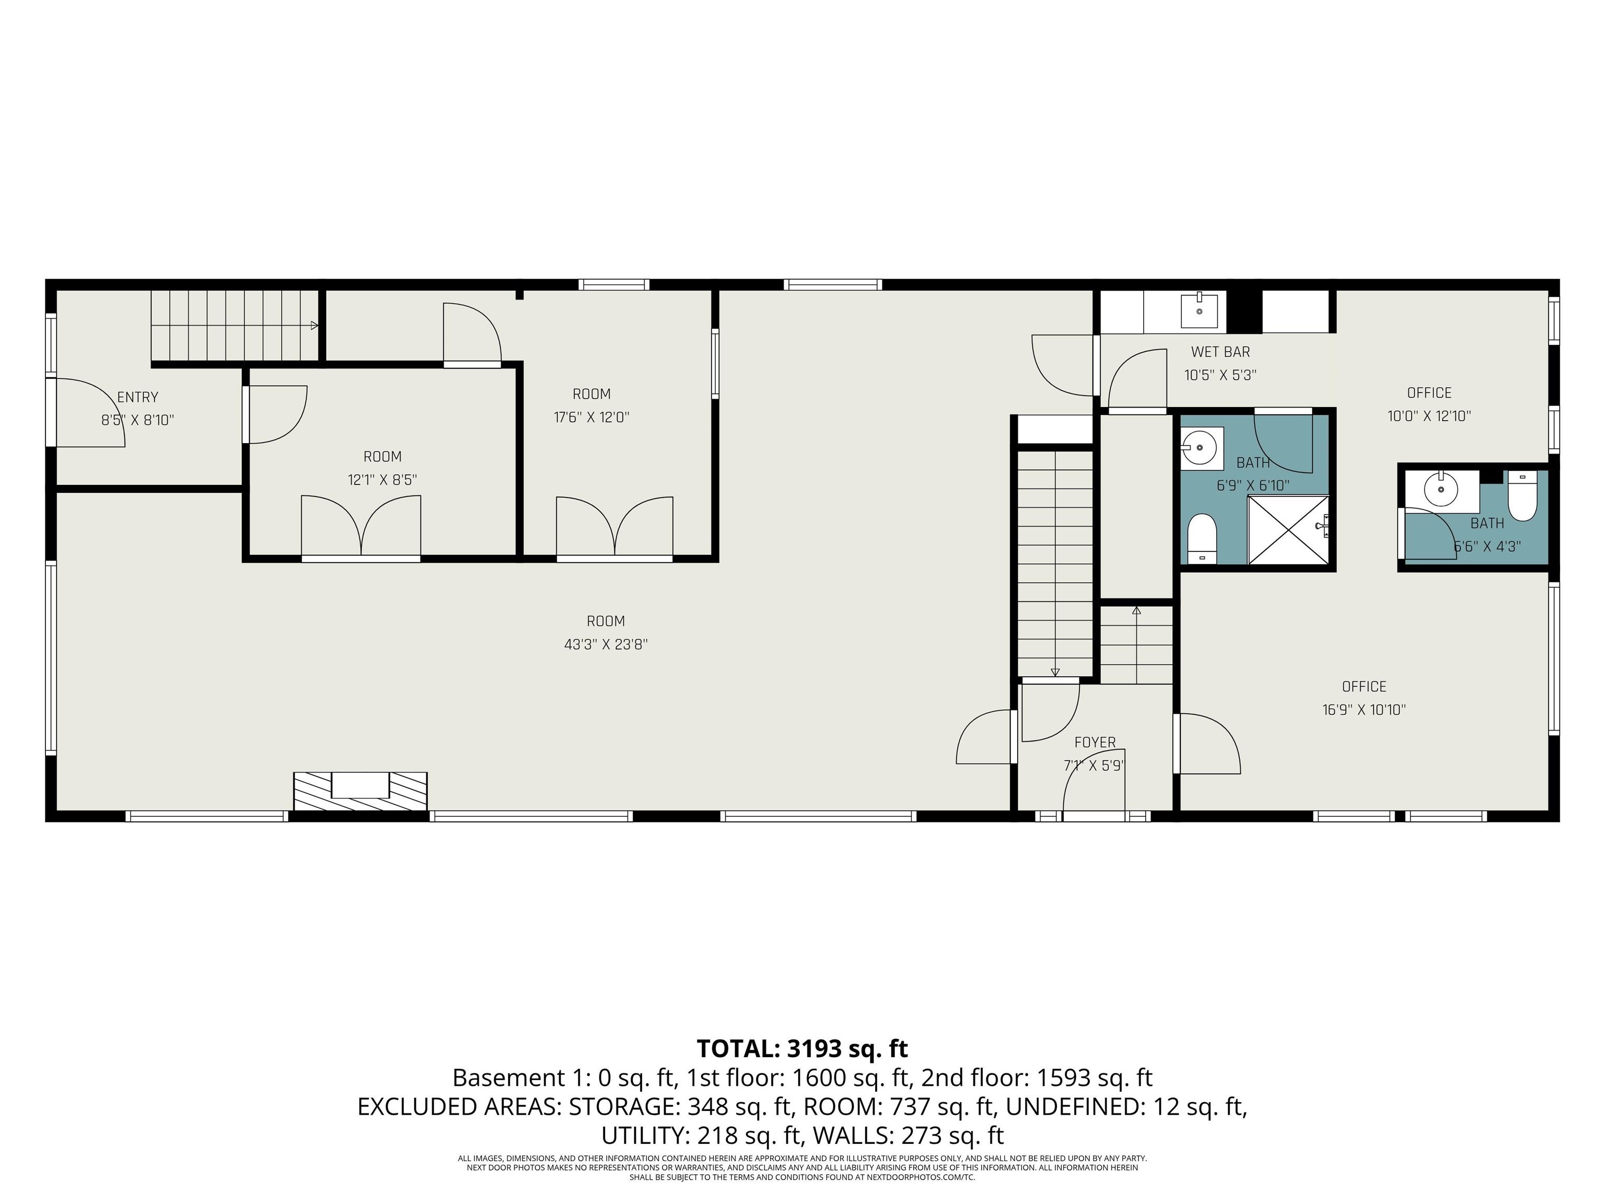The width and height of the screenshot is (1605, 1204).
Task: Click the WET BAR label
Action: tap(1220, 352)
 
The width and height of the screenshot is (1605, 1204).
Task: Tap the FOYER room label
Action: tap(1095, 743)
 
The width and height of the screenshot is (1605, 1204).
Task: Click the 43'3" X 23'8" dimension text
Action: tap(606, 644)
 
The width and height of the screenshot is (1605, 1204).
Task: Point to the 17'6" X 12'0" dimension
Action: tap(591, 418)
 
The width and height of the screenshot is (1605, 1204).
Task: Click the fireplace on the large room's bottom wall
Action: tap(360, 791)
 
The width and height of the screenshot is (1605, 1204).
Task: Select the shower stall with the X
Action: tap(1288, 530)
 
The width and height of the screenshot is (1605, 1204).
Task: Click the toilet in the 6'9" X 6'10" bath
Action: tap(1202, 538)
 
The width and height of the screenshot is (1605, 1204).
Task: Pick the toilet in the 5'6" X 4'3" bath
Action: tap(1522, 496)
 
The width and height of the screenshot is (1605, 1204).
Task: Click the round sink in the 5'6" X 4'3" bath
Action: tap(1441, 490)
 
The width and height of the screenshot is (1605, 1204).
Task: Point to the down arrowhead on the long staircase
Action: tap(1055, 672)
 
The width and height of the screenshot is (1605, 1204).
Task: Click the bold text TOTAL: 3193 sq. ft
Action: tap(802, 1049)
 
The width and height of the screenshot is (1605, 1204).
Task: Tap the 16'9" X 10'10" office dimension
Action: tap(1364, 710)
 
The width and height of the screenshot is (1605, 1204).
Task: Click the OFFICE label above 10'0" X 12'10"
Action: tap(1429, 392)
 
